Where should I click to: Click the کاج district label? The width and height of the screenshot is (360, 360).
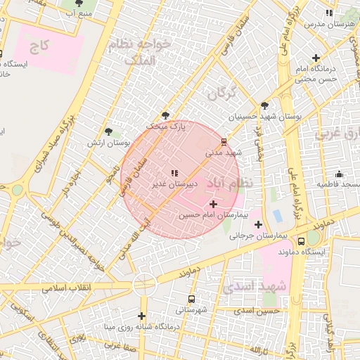coord(39,47)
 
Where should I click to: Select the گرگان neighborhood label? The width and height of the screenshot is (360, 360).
coord(221,93)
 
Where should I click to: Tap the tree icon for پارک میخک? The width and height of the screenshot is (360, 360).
coord(166,115)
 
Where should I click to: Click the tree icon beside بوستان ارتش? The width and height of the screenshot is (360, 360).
coord(108,131)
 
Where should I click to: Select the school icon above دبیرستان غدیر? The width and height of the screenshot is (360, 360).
coord(174,173)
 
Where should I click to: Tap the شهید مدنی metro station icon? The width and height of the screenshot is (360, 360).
coord(224,141)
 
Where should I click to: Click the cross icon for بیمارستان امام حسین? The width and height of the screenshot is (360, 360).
coord(214,204)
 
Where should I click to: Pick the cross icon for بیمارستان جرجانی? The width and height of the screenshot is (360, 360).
coord(259,225)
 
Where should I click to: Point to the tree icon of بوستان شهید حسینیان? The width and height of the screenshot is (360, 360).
coord(264,105)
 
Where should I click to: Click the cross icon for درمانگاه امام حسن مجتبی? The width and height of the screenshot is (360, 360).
coord(316,58)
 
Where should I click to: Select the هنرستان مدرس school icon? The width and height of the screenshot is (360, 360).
coord(328,13)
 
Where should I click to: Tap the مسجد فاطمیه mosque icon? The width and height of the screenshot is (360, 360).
coord(339,174)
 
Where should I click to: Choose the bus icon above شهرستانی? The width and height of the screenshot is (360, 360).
coord(191,298)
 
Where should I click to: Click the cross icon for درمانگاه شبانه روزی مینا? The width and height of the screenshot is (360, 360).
coord(143,316)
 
